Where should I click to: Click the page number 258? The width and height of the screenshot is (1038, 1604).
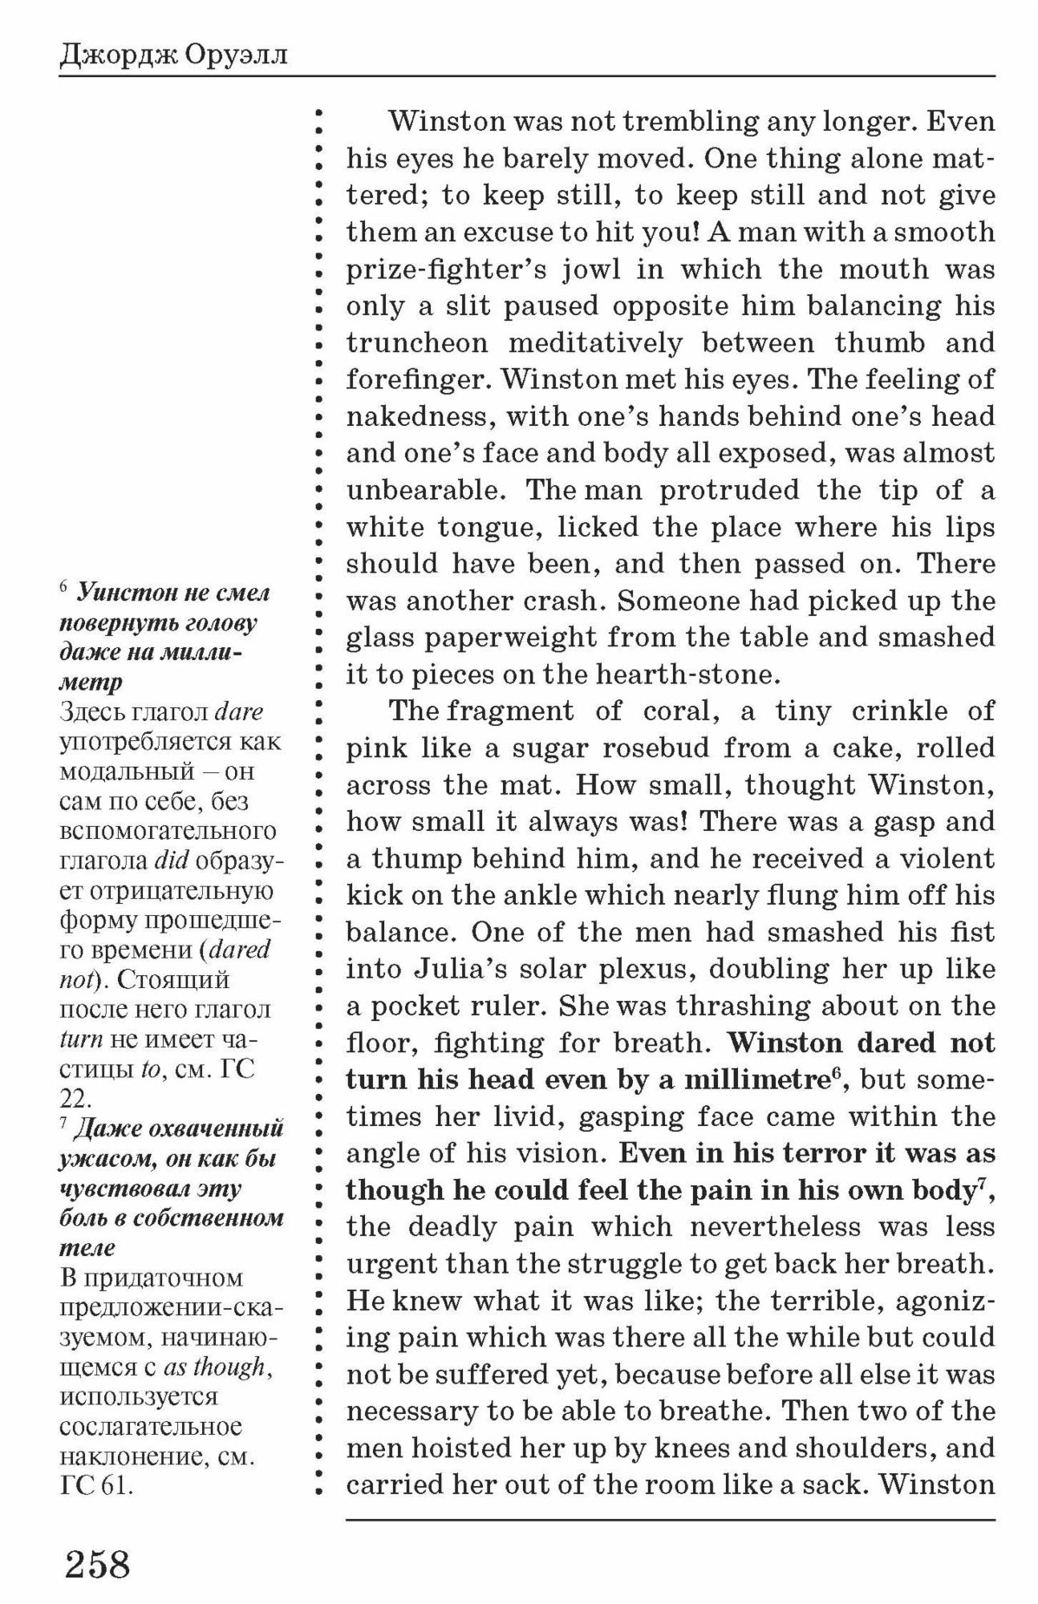point(97,1564)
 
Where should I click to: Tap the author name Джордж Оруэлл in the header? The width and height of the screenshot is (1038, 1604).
point(173,56)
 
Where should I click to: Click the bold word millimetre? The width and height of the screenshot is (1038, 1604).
point(750,1080)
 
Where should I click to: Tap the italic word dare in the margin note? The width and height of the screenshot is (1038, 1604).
point(239,711)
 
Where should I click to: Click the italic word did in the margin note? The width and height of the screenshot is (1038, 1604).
point(170,861)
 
